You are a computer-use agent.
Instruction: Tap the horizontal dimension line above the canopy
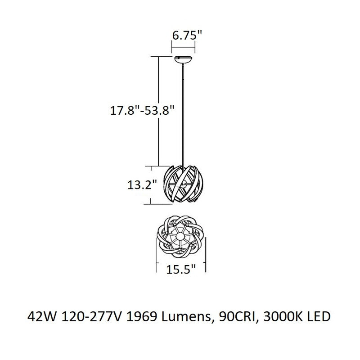tap(184, 45)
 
